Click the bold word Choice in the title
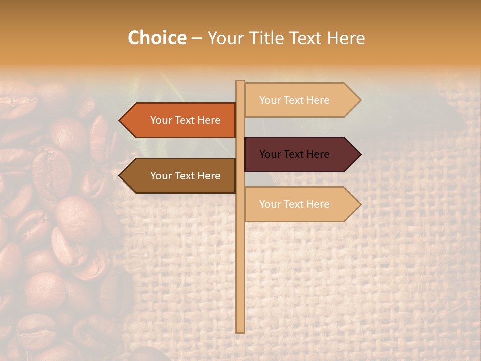157,38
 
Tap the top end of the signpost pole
241,82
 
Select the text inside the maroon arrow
294,154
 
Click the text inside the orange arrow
185,120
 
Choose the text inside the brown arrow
185,176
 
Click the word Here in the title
345,38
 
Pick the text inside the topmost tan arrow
294,100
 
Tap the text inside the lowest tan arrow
294,204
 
